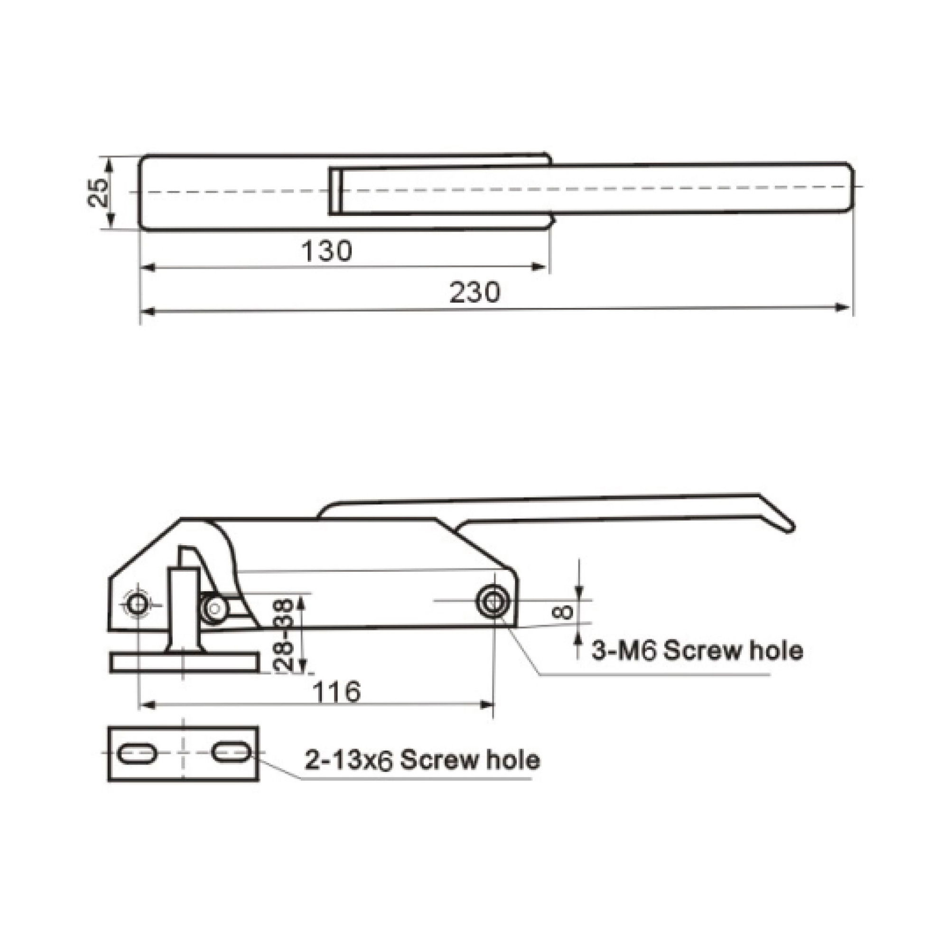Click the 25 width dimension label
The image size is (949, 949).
point(100,193)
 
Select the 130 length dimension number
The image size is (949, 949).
point(326,251)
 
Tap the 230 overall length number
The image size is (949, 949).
point(475,292)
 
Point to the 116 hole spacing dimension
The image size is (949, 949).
point(337,692)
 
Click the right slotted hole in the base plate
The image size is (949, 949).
point(232,753)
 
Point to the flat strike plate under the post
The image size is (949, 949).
point(184,663)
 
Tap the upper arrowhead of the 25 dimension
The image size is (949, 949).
point(110,163)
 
